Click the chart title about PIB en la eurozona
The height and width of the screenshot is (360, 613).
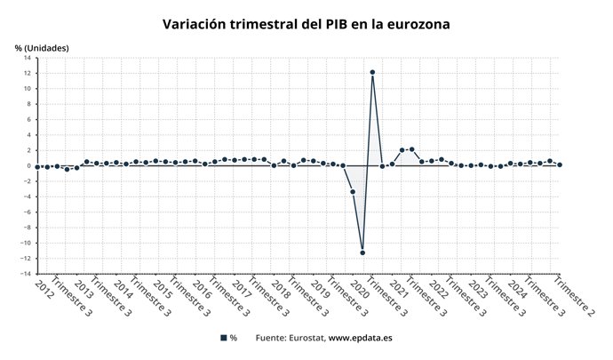306,24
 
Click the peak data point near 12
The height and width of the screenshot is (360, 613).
372,72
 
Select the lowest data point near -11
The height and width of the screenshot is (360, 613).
362,252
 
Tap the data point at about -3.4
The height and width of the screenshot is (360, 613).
353,192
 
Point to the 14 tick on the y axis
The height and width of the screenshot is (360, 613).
28,58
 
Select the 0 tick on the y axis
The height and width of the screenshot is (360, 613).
29,166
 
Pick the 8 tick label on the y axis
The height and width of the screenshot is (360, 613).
29,104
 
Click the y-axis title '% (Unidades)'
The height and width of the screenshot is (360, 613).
42,47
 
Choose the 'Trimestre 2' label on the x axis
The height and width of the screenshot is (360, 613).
573,296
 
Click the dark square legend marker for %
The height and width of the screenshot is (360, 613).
223,338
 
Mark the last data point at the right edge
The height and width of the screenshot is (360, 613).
560,164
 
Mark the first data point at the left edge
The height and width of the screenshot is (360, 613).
36,166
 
